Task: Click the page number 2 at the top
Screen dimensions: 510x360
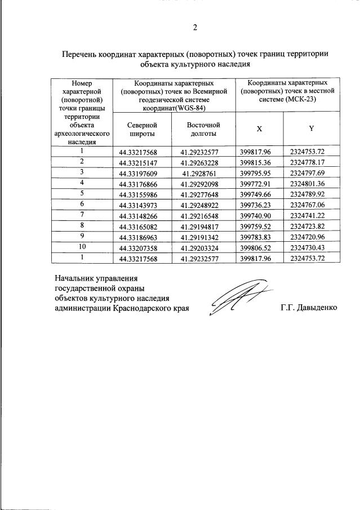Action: click(195, 28)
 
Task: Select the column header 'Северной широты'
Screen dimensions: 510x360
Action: click(139, 129)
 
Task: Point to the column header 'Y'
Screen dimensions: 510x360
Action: click(311, 128)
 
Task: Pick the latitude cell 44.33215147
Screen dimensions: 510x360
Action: click(138, 163)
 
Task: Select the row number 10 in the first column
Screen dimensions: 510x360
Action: click(82, 246)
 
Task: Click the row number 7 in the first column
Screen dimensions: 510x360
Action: click(82, 214)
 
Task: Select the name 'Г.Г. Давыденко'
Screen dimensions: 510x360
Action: click(308, 308)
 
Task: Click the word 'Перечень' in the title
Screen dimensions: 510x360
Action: click(83, 54)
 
